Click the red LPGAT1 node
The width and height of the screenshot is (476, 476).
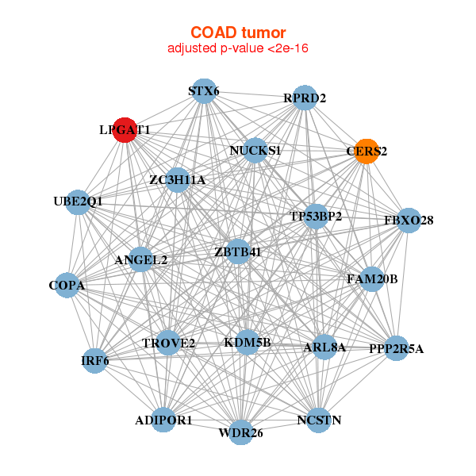(125, 130)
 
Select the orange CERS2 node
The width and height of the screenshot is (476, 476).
(367, 152)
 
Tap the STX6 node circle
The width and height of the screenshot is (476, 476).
(205, 91)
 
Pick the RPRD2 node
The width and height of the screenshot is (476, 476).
(305, 98)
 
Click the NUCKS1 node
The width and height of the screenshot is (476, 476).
(255, 150)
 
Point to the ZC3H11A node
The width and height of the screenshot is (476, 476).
(178, 180)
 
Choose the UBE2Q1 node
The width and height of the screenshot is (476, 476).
(78, 202)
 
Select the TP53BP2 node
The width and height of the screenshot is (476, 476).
(316, 217)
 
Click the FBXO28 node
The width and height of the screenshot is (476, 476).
(409, 221)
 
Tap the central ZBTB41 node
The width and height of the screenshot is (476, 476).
(238, 251)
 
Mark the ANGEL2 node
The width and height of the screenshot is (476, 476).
(141, 259)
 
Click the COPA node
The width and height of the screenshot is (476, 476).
(67, 286)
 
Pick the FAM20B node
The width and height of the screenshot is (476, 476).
(372, 279)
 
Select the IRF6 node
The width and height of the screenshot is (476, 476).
(95, 361)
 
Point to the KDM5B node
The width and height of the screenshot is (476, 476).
(248, 343)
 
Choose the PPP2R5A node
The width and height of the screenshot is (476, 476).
(396, 348)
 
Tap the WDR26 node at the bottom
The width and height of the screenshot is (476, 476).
(240, 432)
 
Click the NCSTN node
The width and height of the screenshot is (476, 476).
(319, 420)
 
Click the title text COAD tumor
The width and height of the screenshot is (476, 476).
(238, 33)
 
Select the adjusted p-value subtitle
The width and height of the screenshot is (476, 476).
(238, 48)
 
